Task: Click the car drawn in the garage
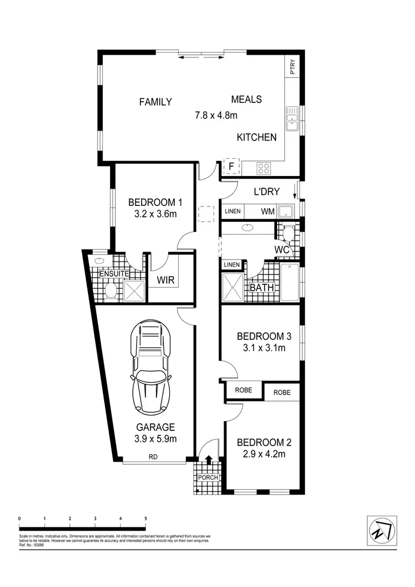[151, 368]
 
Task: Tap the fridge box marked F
[230, 166]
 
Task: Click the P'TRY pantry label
[293, 67]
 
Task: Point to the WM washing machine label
[268, 211]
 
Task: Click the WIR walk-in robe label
[166, 280]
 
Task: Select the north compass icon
[382, 531]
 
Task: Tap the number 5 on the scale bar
[146, 518]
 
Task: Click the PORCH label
[209, 477]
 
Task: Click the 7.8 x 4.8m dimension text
[216, 116]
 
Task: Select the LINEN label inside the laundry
[233, 211]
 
